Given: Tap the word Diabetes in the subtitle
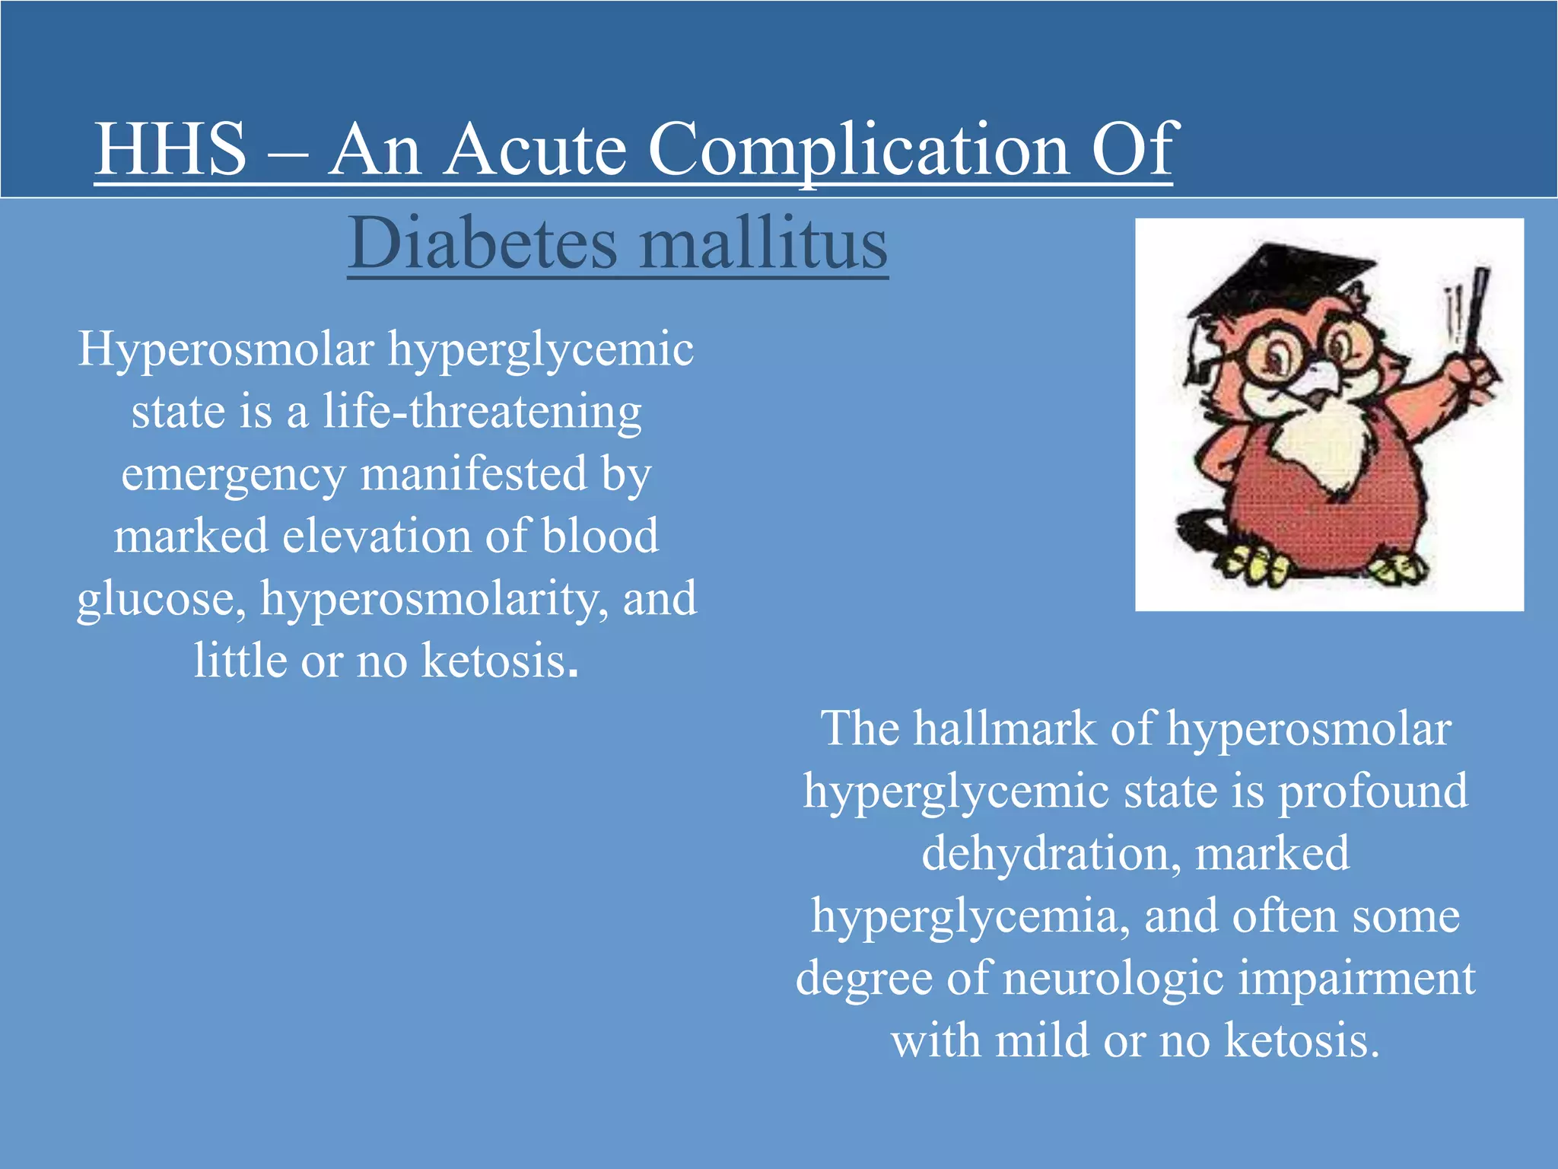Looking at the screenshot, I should coord(482,244).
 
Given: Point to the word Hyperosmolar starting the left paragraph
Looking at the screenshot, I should coord(227,350).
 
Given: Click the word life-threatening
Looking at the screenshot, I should coord(482,412).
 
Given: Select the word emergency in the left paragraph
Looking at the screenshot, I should coord(233,475).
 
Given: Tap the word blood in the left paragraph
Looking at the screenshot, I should coord(599,536).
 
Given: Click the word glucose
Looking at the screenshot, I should coord(161,599).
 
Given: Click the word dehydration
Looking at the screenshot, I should coord(1051,853).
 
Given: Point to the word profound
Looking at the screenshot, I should coord(1372,791).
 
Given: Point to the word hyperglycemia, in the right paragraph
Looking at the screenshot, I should coord(965,916).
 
